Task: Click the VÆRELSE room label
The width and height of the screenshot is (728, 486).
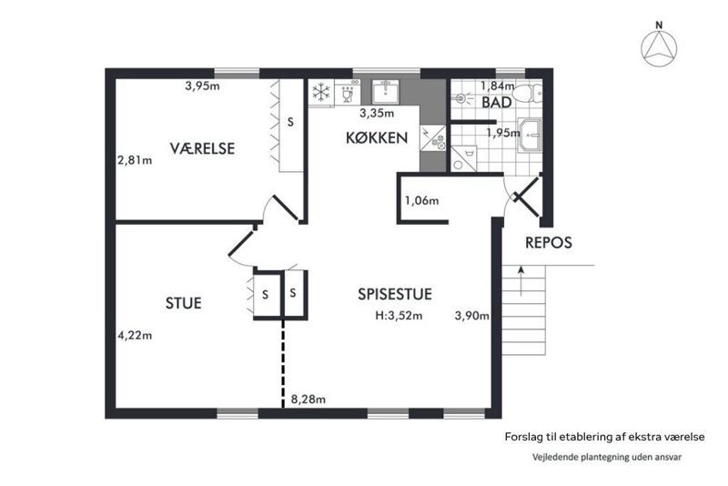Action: tap(202, 148)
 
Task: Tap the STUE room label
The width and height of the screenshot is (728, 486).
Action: tap(184, 303)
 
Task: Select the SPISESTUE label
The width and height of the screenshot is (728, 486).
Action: tap(395, 294)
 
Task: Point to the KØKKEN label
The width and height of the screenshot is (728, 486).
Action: tap(377, 137)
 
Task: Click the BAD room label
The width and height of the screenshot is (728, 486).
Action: tap(496, 103)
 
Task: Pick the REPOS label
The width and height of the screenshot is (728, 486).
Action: tap(549, 243)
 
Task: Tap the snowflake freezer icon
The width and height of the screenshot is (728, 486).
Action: tap(321, 92)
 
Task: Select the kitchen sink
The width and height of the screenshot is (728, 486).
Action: tap(385, 92)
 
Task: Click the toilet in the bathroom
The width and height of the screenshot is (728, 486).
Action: tap(530, 93)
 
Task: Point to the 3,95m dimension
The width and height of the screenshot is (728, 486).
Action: tap(202, 86)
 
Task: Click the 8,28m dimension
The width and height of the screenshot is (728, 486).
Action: tap(308, 400)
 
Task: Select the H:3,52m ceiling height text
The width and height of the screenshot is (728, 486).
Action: tap(399, 316)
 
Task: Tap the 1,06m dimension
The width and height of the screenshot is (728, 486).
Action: tap(421, 200)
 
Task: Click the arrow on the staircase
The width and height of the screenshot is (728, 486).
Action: tap(521, 281)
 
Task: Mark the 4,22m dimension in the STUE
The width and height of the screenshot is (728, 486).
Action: tap(135, 335)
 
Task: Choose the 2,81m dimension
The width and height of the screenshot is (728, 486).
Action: tap(135, 160)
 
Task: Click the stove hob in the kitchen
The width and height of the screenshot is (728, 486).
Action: tap(433, 138)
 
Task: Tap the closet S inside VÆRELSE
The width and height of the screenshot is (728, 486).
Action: tap(290, 122)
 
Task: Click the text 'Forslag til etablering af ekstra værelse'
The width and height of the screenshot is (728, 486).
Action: tap(605, 437)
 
